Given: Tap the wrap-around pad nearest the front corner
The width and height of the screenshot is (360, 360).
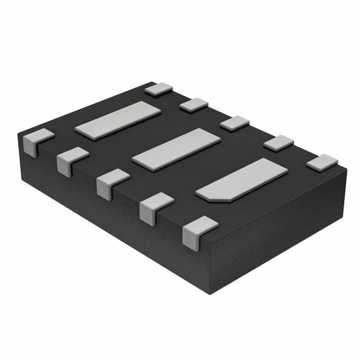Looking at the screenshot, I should pyautogui.click(x=198, y=231).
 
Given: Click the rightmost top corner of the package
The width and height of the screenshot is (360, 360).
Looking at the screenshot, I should pyautogui.click(x=344, y=166).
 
